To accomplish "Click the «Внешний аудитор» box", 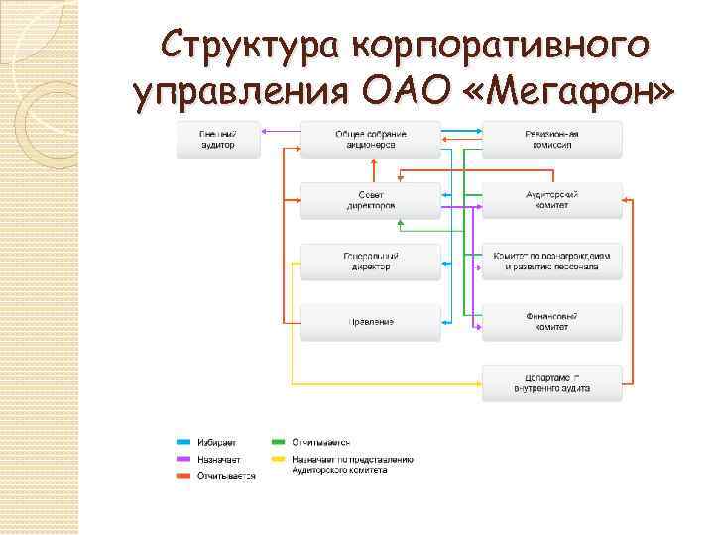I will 217,140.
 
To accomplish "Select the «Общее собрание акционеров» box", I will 370,140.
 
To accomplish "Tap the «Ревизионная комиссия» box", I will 552,140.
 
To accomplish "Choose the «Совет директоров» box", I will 370,200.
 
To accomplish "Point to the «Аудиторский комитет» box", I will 552,200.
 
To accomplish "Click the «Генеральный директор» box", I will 370,261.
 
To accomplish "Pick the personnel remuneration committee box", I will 552,261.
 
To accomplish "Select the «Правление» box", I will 370,321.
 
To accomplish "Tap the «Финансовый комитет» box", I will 552,321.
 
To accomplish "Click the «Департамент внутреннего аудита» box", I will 552,382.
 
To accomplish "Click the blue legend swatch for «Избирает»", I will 184,442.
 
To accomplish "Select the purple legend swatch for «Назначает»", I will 184,459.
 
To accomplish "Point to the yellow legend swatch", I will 279,459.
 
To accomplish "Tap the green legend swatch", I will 279,442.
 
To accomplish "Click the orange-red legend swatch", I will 184,476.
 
